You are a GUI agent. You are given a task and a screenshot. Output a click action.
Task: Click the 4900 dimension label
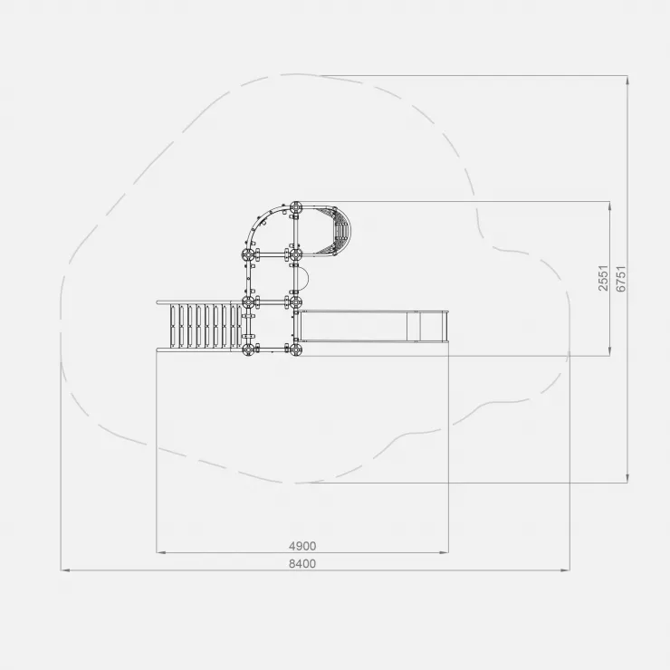tap(302, 546)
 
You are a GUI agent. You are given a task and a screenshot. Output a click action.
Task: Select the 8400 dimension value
tap(302, 564)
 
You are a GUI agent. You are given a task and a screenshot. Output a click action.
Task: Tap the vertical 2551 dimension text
tap(603, 278)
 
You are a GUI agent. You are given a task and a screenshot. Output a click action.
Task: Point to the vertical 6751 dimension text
tap(621, 279)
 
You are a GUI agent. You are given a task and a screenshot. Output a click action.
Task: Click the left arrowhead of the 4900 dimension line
tap(160, 552)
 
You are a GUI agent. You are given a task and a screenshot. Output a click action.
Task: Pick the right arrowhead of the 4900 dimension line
tap(445, 552)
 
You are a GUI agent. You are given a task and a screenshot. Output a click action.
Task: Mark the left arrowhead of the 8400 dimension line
tap(65, 570)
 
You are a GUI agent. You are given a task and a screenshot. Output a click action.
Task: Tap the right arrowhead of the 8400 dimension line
tap(565, 570)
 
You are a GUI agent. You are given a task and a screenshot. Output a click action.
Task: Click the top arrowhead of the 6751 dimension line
tap(627, 81)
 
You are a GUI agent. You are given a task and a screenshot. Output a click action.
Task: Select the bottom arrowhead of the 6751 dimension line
tap(627, 479)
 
